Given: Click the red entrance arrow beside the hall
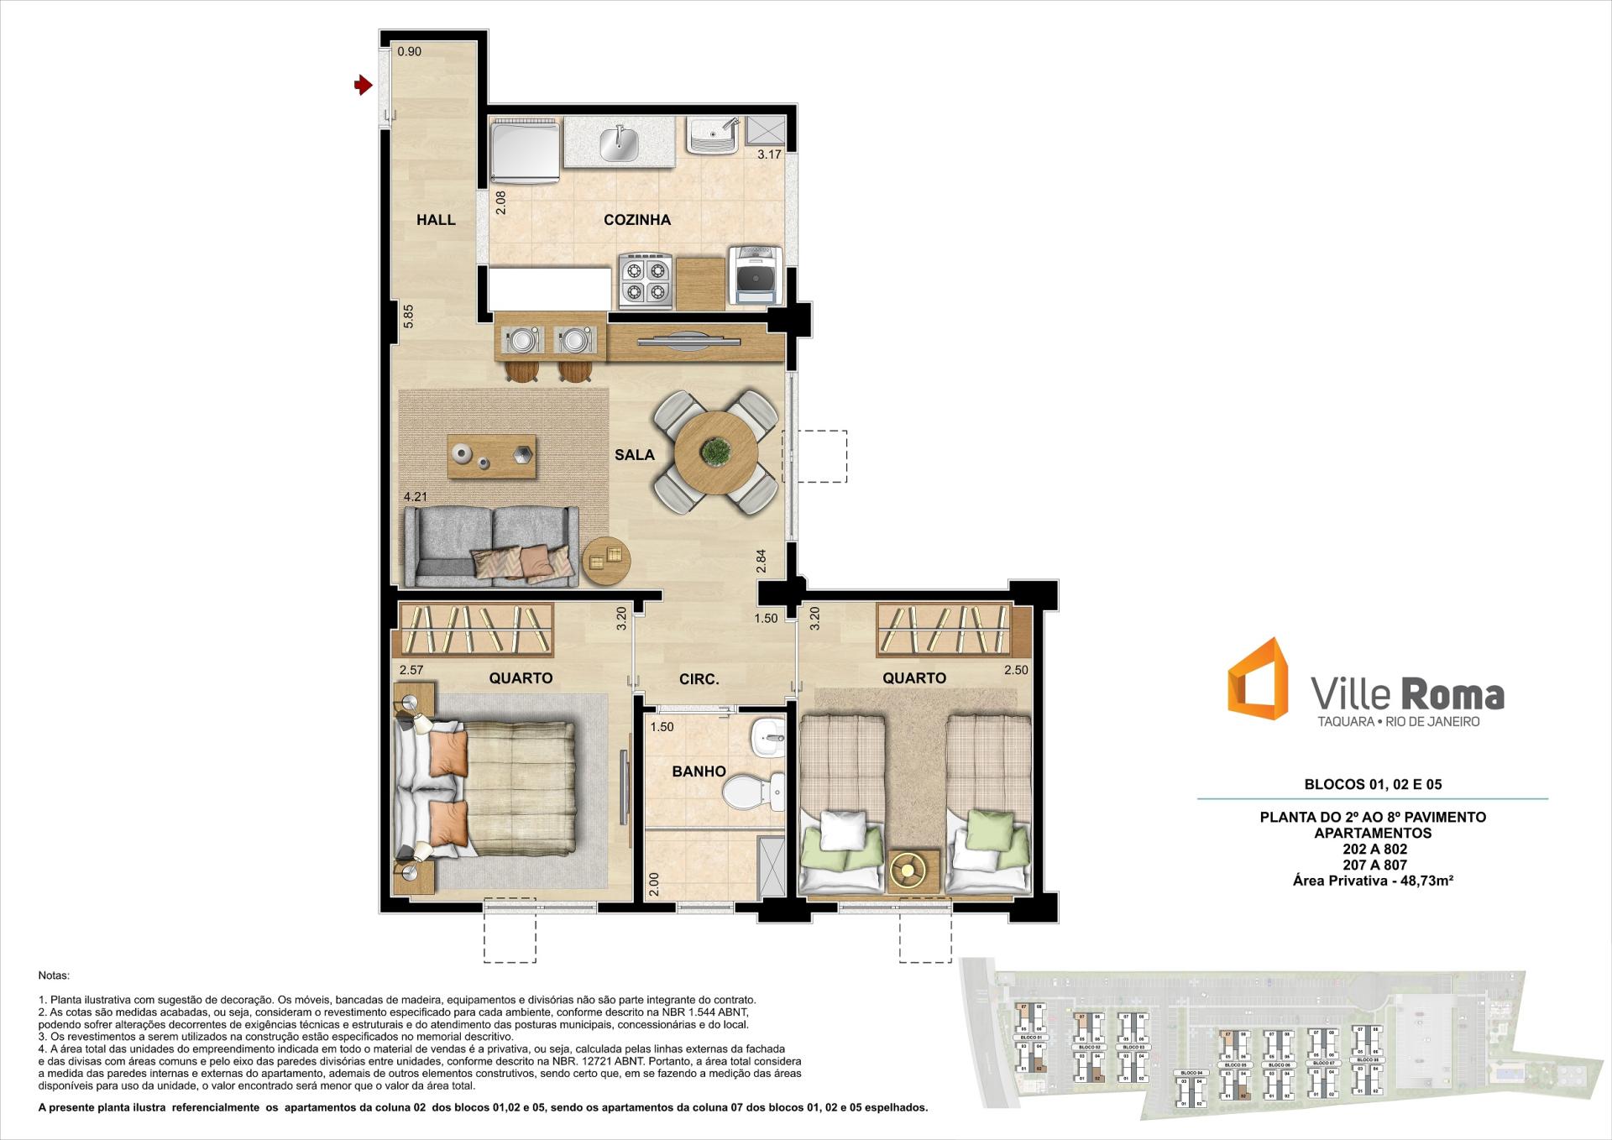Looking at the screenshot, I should coord(363,85).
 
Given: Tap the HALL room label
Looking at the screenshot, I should coord(436,220).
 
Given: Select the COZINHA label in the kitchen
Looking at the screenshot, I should coord(636,220).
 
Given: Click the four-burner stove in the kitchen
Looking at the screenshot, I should coord(646,280).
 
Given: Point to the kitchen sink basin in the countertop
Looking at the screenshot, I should coord(619,143).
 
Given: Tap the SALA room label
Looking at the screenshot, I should coord(634,455).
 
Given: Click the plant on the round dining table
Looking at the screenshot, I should coord(716,452).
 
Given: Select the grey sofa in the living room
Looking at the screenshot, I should coord(489,546).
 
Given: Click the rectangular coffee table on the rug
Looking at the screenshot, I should coord(491,456).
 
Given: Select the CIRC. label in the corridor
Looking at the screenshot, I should coord(699,679).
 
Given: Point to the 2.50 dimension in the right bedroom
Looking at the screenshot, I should coord(1016,670).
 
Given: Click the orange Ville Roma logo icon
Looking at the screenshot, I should coord(1257,678).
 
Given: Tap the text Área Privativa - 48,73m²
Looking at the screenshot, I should coord(1373,881).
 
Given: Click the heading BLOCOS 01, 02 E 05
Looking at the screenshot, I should coord(1372,785).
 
